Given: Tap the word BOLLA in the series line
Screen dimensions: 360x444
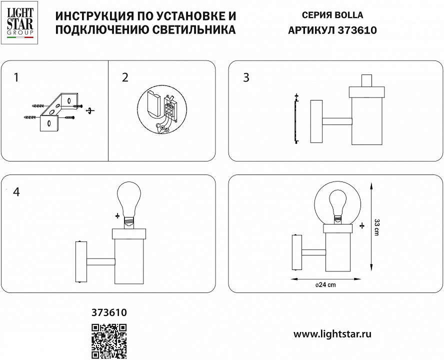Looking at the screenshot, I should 350,15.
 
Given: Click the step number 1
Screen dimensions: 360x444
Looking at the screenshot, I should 16,77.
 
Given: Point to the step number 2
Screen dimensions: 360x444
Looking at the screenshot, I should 125,77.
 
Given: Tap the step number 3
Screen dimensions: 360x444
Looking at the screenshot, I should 246,77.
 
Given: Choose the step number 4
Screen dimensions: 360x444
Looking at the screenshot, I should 16,192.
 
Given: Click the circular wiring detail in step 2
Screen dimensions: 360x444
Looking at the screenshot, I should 161,111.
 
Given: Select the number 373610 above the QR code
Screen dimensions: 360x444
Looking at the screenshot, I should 109,313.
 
